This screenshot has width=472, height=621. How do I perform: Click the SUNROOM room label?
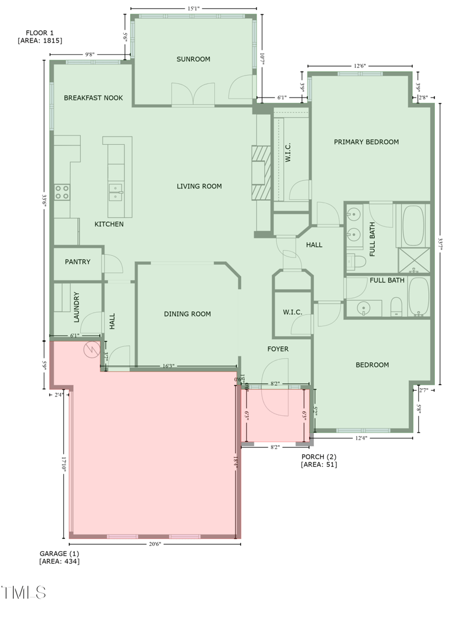click(x=194, y=59)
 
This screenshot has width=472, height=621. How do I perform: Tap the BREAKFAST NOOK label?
click(x=93, y=98)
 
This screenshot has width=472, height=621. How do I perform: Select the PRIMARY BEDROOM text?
click(x=366, y=142)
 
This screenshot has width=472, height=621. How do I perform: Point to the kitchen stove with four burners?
click(x=62, y=191)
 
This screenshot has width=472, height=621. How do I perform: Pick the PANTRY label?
click(x=77, y=262)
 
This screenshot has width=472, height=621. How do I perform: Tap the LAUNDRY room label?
click(x=76, y=307)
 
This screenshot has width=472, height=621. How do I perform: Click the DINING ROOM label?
click(x=187, y=314)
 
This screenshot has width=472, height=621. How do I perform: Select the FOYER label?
click(x=278, y=349)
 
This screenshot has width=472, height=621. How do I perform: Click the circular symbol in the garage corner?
click(x=91, y=350)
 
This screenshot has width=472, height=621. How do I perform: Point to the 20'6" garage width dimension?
click(x=155, y=544)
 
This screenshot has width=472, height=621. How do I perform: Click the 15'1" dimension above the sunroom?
click(x=193, y=9)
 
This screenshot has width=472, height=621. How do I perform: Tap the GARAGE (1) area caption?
click(x=59, y=557)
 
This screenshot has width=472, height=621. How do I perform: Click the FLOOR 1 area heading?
click(x=40, y=37)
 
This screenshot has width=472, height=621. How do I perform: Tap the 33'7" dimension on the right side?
click(x=441, y=244)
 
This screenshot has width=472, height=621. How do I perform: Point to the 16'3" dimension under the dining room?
click(x=169, y=366)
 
